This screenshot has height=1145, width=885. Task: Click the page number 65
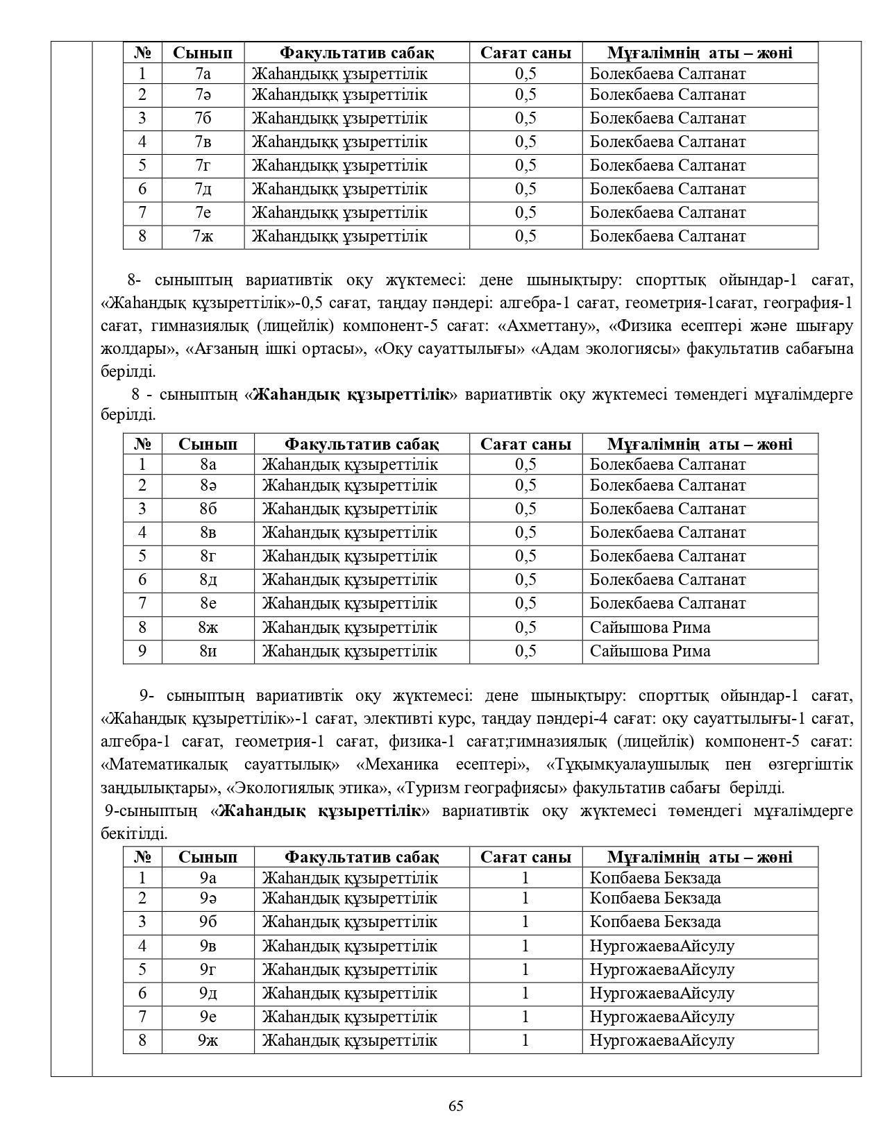click(456, 1106)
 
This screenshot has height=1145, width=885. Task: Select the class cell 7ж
click(203, 237)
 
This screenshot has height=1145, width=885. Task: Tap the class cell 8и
click(208, 652)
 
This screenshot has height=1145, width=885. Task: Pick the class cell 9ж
click(208, 1040)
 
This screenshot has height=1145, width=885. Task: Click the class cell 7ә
click(203, 95)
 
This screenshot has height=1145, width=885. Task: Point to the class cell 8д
click(208, 580)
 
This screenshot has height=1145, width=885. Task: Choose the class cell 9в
click(208, 946)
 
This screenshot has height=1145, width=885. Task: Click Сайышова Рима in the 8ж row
click(650, 628)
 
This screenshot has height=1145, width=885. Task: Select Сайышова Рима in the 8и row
click(650, 652)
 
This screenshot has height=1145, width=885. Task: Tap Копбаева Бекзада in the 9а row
click(655, 878)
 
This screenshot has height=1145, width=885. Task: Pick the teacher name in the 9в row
click(661, 946)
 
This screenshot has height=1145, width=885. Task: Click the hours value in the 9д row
click(525, 993)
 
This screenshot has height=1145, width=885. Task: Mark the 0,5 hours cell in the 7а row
click(525, 74)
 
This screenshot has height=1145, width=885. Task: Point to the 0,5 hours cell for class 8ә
click(525, 486)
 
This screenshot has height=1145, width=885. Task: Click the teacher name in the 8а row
click(667, 465)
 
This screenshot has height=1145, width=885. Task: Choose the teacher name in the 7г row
click(667, 166)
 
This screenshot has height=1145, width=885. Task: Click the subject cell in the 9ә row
click(349, 899)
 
